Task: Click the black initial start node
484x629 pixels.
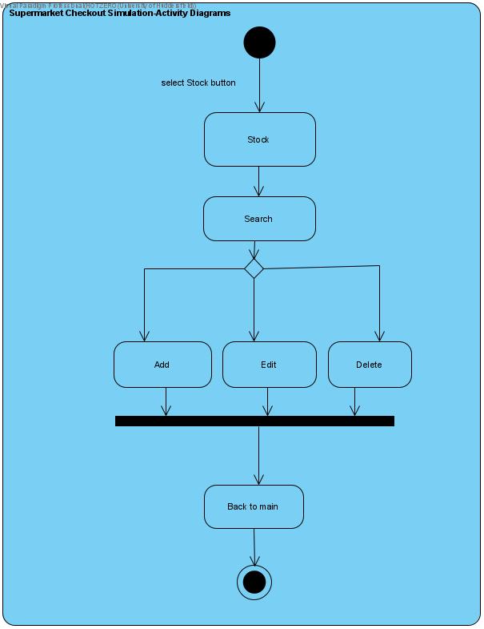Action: tap(259, 42)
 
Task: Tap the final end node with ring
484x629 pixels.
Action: tap(254, 583)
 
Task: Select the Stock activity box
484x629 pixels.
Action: tap(259, 139)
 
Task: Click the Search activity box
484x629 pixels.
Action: tap(259, 219)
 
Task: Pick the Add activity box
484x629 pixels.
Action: tap(162, 365)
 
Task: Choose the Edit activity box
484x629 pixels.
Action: tap(269, 365)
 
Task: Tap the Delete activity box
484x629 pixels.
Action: tap(370, 365)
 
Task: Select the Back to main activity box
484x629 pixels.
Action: tap(254, 506)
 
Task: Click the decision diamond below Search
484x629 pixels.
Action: tap(254, 268)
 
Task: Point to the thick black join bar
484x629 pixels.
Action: tap(254, 421)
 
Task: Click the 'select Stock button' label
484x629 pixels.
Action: tap(198, 83)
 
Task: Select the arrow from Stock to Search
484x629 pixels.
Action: tap(259, 181)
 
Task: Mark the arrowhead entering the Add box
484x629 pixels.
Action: tap(145, 337)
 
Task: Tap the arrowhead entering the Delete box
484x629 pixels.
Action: tap(379, 337)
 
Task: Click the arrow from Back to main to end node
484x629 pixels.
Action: tap(254, 547)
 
